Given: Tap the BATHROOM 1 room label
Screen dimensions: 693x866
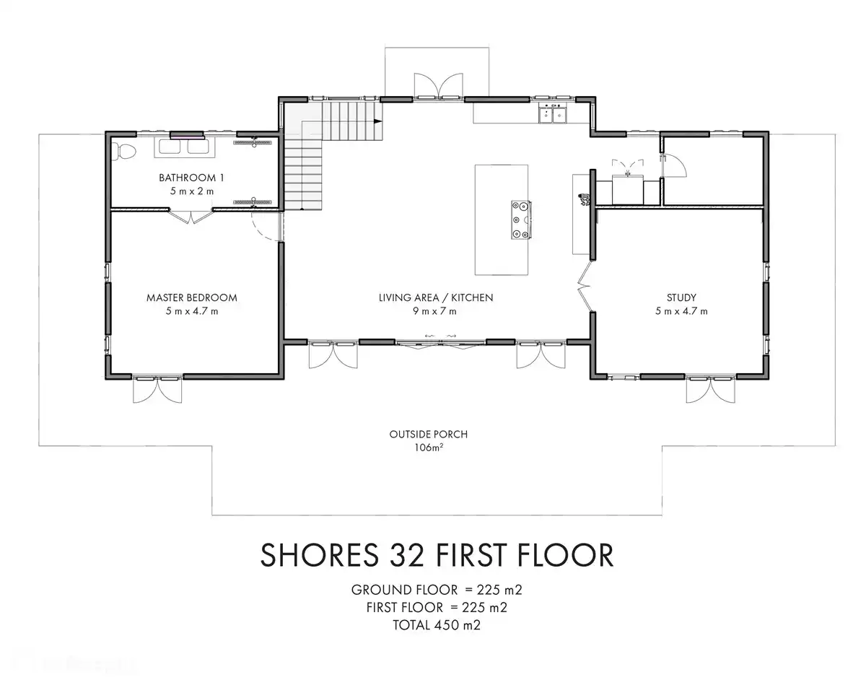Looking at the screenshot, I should (188, 178).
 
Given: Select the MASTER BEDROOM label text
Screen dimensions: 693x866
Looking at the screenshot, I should (191, 297).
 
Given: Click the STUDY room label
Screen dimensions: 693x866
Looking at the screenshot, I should (681, 297).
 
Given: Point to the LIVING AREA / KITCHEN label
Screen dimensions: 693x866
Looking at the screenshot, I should (436, 297).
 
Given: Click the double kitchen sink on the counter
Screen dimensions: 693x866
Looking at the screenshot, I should (554, 114).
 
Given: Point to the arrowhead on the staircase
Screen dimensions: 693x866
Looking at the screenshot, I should (377, 121).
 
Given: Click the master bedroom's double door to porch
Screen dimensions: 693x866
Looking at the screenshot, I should (157, 390).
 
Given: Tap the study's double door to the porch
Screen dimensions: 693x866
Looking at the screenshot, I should (711, 390).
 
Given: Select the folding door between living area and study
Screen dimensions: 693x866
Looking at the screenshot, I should (586, 287).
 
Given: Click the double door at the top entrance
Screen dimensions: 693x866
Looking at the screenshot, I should (437, 85).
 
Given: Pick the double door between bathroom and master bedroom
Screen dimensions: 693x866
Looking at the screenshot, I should (191, 215).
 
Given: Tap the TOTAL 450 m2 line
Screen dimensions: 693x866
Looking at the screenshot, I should (437, 625).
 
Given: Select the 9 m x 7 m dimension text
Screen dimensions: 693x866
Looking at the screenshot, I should (436, 311).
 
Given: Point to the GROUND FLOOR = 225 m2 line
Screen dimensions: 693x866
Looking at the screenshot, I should (437, 589).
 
